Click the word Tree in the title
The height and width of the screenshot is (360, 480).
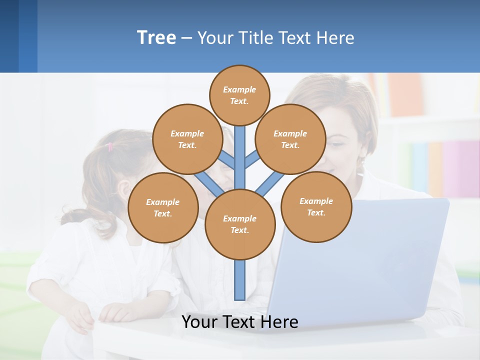(156, 37)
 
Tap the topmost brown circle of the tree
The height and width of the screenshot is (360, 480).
(239, 95)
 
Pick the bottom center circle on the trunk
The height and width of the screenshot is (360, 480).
(240, 224)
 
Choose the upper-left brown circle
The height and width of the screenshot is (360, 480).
(187, 139)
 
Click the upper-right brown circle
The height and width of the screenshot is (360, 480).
(290, 139)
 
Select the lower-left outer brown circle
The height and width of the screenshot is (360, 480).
(163, 207)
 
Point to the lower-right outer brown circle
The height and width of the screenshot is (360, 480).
(316, 206)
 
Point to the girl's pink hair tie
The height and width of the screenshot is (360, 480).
(110, 146)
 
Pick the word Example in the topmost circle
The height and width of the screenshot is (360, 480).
(239, 89)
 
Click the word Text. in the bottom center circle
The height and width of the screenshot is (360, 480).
(240, 230)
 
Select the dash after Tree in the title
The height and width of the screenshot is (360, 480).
(186, 38)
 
